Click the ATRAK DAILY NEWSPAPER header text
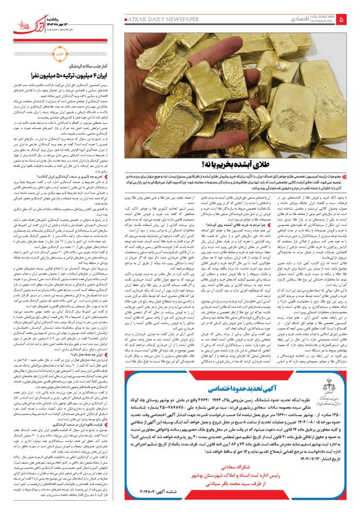153,20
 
